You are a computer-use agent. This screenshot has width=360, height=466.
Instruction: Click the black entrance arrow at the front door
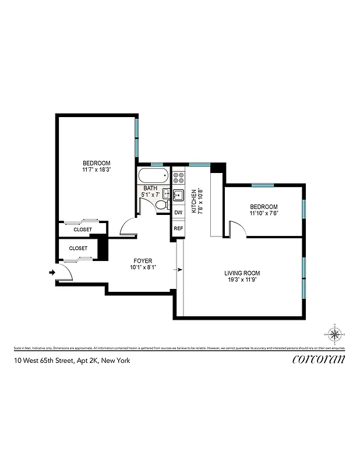(52, 271)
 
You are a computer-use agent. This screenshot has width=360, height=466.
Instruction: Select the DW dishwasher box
(178, 213)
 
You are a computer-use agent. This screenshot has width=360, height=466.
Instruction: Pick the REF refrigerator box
(178, 228)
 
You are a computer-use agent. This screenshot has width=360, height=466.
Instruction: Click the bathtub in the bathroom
(153, 176)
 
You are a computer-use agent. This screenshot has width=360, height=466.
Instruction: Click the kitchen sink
(178, 194)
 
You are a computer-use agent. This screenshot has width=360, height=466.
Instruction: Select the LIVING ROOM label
(242, 273)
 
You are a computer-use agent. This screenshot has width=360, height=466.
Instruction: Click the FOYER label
(142, 261)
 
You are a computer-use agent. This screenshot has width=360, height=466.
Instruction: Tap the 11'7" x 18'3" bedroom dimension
(96, 170)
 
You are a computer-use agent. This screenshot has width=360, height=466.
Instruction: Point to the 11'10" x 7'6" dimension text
(263, 214)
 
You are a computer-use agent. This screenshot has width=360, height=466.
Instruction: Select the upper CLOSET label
(83, 230)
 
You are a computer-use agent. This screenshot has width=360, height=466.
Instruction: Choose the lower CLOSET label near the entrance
(78, 248)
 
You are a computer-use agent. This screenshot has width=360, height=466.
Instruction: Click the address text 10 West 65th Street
(72, 361)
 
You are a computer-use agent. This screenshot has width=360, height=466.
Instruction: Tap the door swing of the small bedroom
(238, 229)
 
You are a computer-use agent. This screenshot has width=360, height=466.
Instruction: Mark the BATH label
(150, 188)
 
